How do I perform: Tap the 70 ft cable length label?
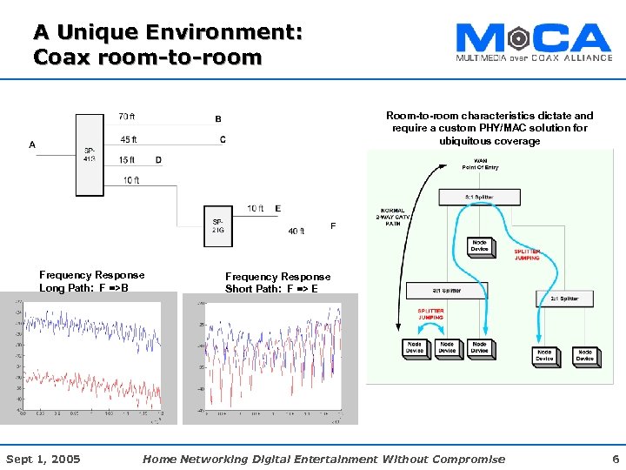[x=126, y=117]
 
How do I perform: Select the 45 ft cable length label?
[x=128, y=139]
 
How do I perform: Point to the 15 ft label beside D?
[x=127, y=160]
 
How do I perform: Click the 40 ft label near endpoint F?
[x=296, y=232]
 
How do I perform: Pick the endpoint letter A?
[x=32, y=145]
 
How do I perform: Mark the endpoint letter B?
[x=218, y=119]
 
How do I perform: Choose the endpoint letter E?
[x=277, y=209]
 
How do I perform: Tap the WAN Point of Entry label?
[x=480, y=164]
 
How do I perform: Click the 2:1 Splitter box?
[x=563, y=299]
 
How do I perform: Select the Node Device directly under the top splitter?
[x=479, y=245]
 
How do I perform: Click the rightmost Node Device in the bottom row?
[x=585, y=355]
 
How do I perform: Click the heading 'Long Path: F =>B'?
[x=84, y=288]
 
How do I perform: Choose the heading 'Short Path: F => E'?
[x=271, y=289]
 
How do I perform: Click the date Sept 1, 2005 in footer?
[x=43, y=459]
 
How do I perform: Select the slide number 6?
[x=615, y=459]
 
